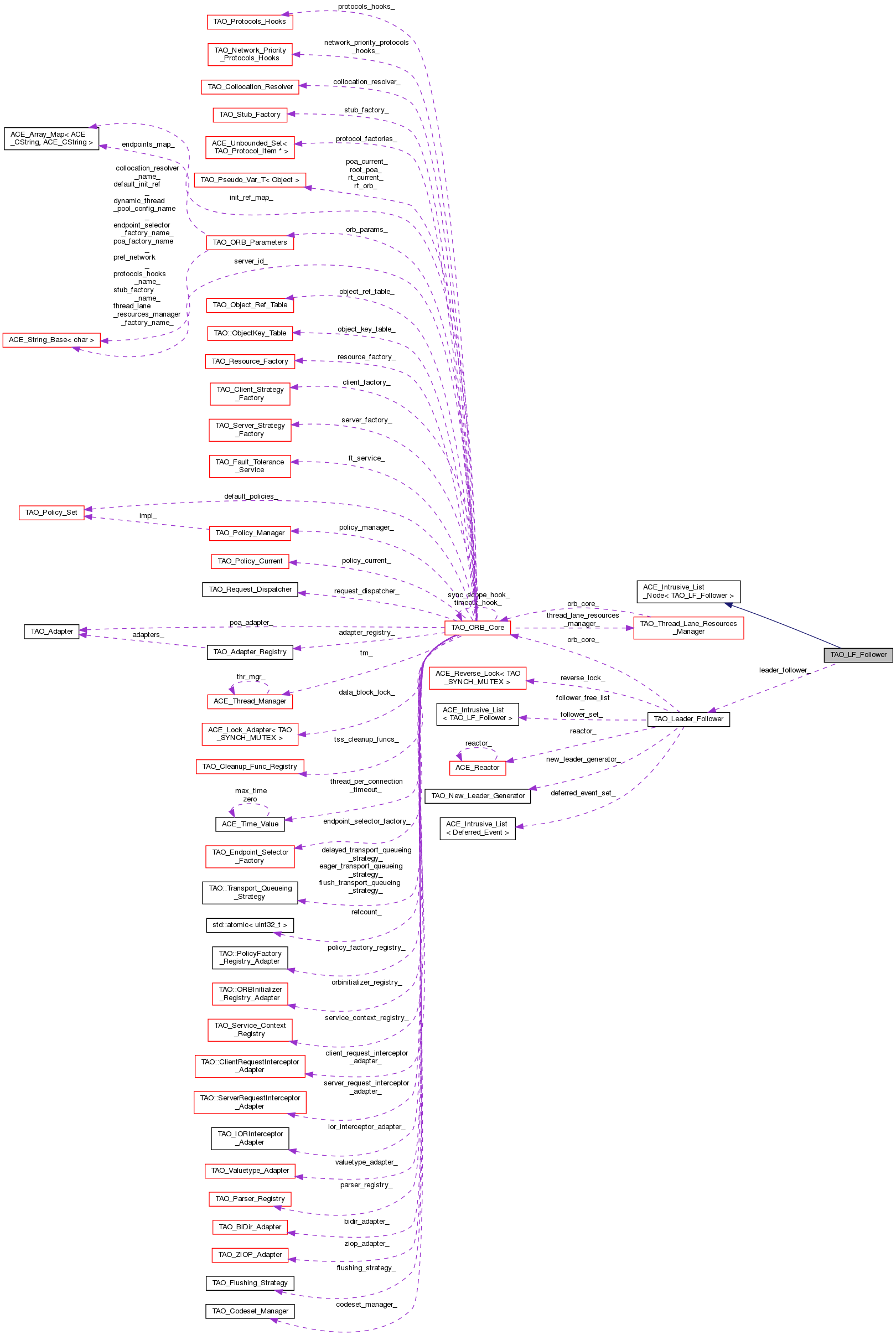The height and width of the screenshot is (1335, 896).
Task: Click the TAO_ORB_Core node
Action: [x=477, y=628]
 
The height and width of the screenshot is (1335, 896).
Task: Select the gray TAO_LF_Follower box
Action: [x=858, y=655]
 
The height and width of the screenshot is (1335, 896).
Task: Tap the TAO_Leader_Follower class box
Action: [x=688, y=719]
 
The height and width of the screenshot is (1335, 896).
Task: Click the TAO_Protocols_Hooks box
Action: [x=249, y=22]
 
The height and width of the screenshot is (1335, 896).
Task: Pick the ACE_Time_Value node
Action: [x=250, y=824]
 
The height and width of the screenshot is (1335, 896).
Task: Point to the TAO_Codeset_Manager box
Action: [x=250, y=1311]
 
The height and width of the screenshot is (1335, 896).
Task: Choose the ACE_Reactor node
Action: [x=477, y=768]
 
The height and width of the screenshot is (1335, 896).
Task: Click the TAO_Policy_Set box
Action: [x=51, y=513]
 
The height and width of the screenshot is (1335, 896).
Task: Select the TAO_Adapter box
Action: [x=51, y=632]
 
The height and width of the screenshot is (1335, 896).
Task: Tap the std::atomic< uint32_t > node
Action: [x=250, y=925]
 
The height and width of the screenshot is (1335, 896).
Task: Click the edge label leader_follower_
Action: [x=785, y=670]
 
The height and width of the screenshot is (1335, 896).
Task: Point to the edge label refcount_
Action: [x=366, y=912]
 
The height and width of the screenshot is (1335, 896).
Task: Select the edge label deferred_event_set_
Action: [x=583, y=793]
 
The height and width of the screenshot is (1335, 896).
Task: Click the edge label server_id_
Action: [x=250, y=261]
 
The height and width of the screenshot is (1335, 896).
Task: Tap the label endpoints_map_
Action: [x=148, y=144]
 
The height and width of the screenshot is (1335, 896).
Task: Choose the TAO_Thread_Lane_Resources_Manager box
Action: [x=688, y=628]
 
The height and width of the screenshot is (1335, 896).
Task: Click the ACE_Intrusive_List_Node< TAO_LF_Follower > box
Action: [x=688, y=592]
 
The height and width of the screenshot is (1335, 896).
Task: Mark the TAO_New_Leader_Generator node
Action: [x=477, y=796]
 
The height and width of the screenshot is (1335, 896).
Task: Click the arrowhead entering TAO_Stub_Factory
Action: [x=291, y=115]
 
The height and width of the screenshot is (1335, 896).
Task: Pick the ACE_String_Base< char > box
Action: [x=51, y=340]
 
